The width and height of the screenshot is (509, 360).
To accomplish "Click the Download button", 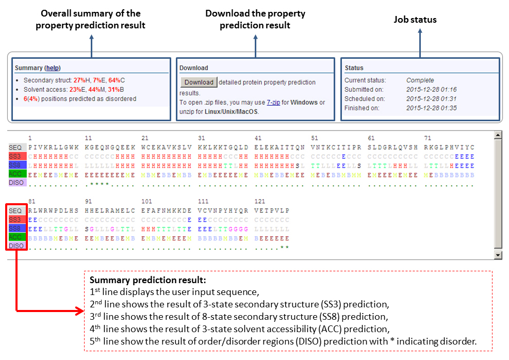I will (x=199, y=83).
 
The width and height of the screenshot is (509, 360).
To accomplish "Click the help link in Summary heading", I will (x=52, y=68).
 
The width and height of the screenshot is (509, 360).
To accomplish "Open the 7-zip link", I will (x=273, y=103).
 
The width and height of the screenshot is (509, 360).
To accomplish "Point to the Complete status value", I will (x=420, y=80).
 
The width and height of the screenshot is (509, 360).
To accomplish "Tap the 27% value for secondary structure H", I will (x=80, y=80).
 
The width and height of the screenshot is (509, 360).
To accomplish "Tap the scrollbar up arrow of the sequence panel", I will (x=498, y=136).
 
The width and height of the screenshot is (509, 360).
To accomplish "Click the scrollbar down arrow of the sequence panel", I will (x=498, y=255).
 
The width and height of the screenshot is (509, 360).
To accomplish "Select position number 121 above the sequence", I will (x=259, y=202).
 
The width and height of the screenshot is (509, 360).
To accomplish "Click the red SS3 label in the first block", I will (x=15, y=156).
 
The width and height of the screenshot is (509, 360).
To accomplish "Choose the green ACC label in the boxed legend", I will (x=15, y=237).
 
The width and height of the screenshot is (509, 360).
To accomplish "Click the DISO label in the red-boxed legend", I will (x=16, y=246).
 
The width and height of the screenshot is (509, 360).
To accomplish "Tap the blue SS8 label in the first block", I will (x=15, y=165).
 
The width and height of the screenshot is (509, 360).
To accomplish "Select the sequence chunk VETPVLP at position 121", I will (x=272, y=211).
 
